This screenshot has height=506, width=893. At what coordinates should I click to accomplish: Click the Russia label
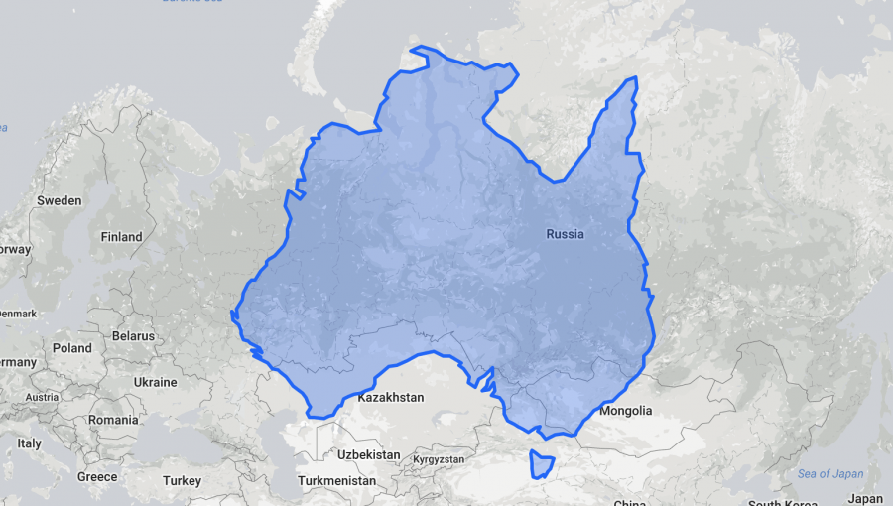click(x=565, y=234)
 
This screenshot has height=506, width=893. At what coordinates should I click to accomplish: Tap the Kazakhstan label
click(x=390, y=397)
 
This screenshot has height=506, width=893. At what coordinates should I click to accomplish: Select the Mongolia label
click(x=626, y=411)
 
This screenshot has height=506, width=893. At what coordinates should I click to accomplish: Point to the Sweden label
click(x=59, y=200)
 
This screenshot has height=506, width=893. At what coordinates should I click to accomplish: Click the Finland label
click(x=121, y=237)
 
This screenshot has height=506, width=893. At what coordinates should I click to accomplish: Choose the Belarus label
click(x=133, y=335)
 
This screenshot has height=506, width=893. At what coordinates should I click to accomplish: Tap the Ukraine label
click(x=155, y=382)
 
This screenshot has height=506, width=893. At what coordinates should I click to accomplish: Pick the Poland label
click(x=71, y=348)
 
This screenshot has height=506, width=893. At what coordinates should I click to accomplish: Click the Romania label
click(x=112, y=420)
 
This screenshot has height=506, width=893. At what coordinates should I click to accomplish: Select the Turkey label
click(x=182, y=480)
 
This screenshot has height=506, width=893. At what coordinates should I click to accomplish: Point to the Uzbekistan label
click(x=368, y=455)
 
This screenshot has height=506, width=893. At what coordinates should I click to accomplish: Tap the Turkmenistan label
click(x=336, y=480)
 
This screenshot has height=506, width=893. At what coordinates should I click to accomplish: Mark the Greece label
click(x=97, y=476)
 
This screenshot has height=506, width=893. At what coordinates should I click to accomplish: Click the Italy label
click(x=29, y=443)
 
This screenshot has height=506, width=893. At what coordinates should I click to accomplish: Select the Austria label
click(x=42, y=397)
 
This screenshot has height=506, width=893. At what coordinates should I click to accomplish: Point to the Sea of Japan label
click(x=829, y=473)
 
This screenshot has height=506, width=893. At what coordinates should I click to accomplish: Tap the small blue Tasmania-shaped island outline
click(x=541, y=463)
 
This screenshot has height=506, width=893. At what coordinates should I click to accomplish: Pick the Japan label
click(x=866, y=498)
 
